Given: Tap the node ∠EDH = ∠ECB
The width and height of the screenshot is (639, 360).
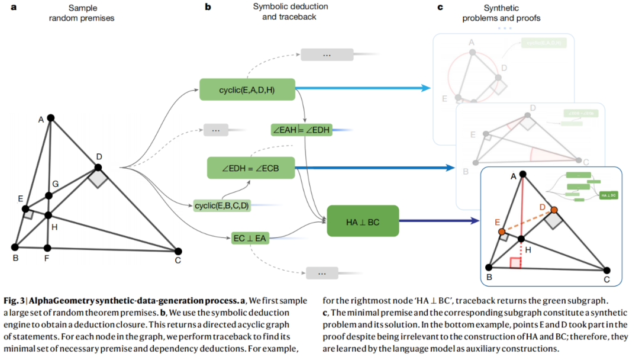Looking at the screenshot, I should pyautogui.click(x=250, y=168).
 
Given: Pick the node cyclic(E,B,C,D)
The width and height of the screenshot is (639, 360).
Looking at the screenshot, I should pyautogui.click(x=222, y=205).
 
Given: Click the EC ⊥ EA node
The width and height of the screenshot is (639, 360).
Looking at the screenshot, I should pyautogui.click(x=250, y=239).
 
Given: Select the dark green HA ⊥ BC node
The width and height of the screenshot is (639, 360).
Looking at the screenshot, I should pyautogui.click(x=362, y=221).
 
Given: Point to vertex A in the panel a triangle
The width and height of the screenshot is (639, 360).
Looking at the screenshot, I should pyautogui.click(x=51, y=118).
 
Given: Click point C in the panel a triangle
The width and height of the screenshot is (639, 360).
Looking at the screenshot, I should pyautogui.click(x=178, y=251).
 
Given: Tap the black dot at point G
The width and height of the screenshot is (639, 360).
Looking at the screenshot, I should pyautogui.click(x=48, y=196).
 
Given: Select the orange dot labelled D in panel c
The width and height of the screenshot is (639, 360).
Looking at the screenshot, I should pyautogui.click(x=554, y=210).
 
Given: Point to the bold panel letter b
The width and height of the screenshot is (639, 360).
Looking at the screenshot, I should pyautogui.click(x=208, y=8).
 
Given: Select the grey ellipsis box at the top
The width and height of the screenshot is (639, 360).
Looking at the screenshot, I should pyautogui.click(x=327, y=55).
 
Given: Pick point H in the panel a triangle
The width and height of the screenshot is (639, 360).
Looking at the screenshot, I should pyautogui.click(x=48, y=216).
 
